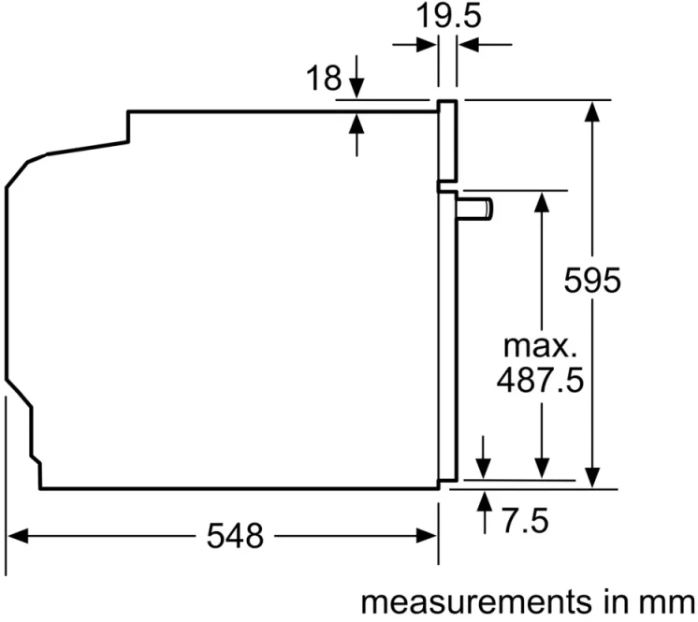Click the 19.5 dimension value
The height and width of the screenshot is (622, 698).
tap(448, 17)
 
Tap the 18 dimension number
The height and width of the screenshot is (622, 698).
tap(324, 78)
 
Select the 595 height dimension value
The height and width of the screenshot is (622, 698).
tap(592, 281)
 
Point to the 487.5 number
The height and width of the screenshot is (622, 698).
tap(540, 380)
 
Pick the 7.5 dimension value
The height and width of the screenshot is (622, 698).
tap(526, 521)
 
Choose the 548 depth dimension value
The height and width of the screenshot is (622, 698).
tap(235, 536)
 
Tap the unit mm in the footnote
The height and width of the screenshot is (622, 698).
tap(666, 603)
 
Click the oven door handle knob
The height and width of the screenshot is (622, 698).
tap(474, 210)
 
